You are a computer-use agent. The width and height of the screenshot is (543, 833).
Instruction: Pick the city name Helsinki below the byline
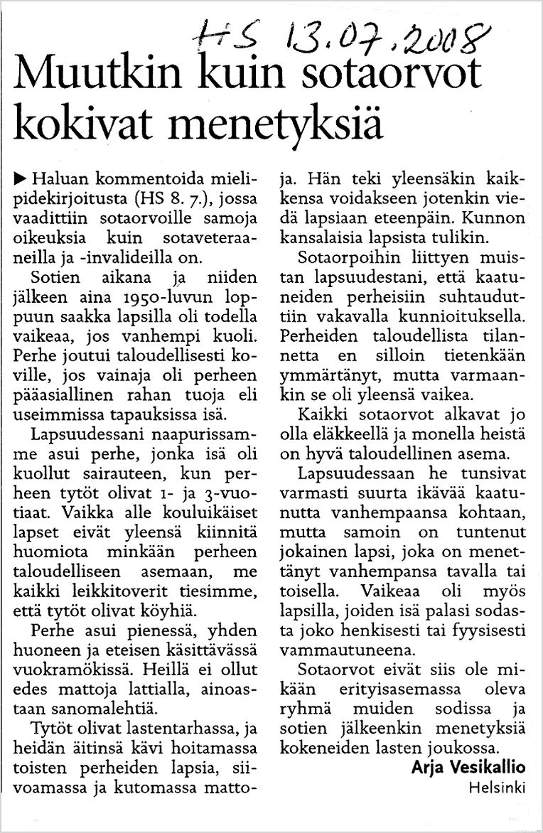click(497, 788)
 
